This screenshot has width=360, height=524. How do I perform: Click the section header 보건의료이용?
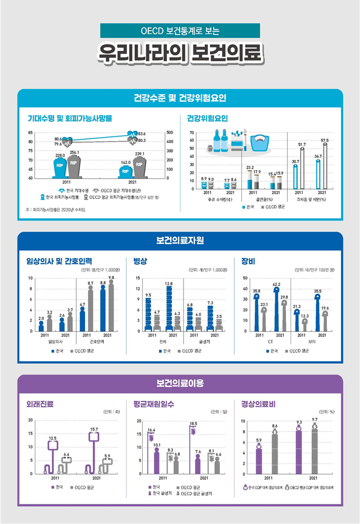[x=180, y=383]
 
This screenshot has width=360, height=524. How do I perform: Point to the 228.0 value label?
[x=60, y=155]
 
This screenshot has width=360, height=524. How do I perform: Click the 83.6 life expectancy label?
[x=142, y=134]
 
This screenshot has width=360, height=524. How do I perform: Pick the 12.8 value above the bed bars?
[x=169, y=284]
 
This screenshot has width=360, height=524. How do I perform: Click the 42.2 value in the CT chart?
[x=276, y=284]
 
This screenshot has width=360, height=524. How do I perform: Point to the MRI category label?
[x=310, y=340]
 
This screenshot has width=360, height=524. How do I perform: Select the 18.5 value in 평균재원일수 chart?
[x=193, y=423]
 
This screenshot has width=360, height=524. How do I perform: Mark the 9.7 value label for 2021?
[x=315, y=419]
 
